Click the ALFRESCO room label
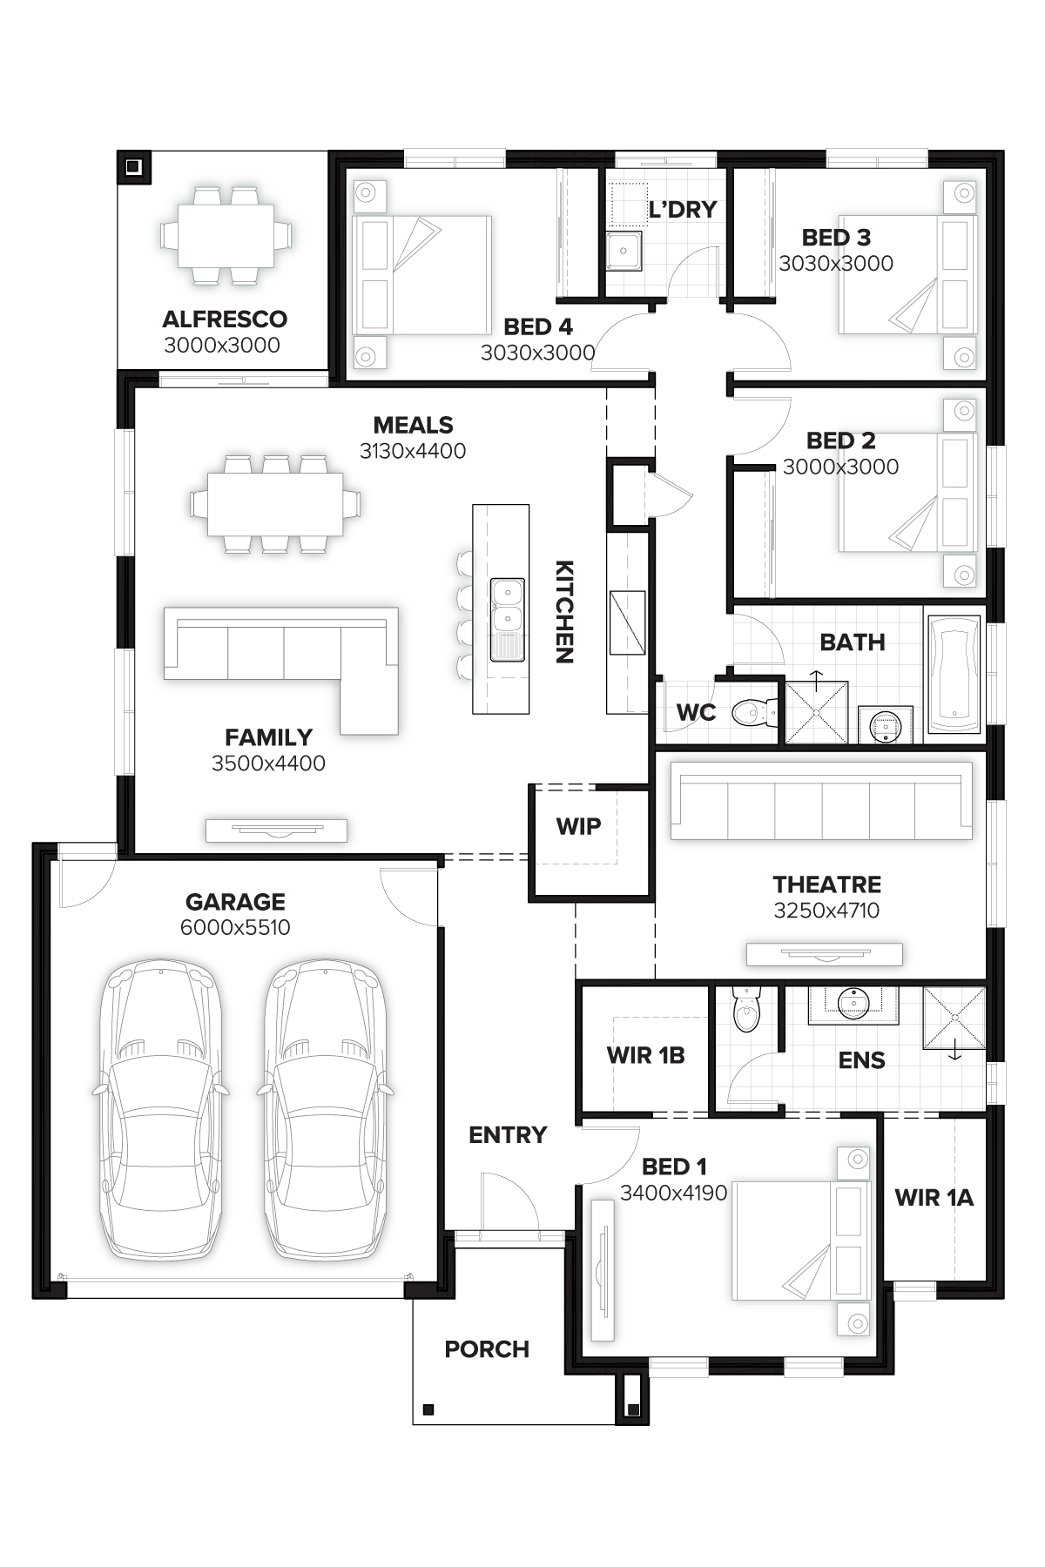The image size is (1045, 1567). coord(225,319)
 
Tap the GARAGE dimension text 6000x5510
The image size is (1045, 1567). coord(235,927)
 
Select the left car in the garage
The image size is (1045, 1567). coord(159,1110)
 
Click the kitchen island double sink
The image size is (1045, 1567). coord(507,618)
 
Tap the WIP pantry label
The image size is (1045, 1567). coord(579,826)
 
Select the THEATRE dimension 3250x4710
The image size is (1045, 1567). coord(826,911)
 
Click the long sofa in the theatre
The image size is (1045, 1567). coord(820,801)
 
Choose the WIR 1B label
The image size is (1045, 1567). coord(645,1055)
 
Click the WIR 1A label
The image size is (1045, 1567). coord(934,1198)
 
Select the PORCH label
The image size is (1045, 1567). coord(487,1349)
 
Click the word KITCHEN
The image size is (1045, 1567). coord(564,612)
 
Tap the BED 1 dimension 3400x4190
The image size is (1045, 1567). coord(673,1193)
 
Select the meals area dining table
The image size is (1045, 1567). coord(275,503)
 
